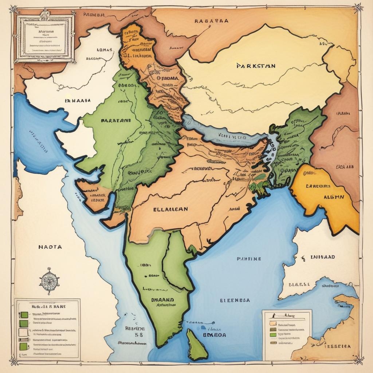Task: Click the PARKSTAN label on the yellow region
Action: point(256,66)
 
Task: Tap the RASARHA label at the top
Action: point(211,21)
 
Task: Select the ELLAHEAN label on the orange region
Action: point(171,209)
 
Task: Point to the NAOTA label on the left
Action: point(50,247)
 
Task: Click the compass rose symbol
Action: point(49,281)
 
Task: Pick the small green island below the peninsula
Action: point(197,345)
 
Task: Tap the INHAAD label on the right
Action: point(322,257)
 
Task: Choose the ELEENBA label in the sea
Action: point(235,301)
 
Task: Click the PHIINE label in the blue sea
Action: point(249,259)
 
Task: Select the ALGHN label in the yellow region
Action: point(334,197)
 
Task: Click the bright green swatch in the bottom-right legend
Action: point(272,334)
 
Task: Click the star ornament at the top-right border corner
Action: point(358,7)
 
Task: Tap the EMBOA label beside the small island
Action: point(214,334)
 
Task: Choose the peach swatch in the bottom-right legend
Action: point(272,323)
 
